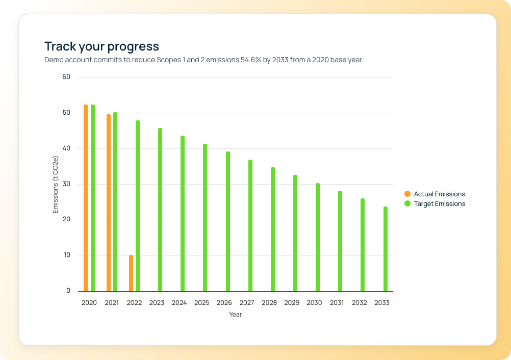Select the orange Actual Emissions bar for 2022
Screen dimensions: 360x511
pos(131,273)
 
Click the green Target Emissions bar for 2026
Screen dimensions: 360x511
pos(228,221)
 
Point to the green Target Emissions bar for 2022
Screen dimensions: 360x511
pos(138,206)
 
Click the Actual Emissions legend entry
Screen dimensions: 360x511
pos(439,194)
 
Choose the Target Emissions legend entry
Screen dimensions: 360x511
pos(439,203)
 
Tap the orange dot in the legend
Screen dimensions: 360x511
pos(407,194)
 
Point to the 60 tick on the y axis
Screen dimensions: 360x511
pos(66,77)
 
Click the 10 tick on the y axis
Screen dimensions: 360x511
pos(66,255)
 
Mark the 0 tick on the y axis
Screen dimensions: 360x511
pos(68,291)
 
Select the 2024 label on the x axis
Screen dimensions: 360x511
pos(179,302)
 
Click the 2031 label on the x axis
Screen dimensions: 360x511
pos(337,302)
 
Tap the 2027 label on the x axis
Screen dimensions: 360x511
pos(247,302)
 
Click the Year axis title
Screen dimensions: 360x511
pos(235,314)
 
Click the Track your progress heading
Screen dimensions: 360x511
pos(102,46)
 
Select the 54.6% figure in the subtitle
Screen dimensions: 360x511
pos(251,60)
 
